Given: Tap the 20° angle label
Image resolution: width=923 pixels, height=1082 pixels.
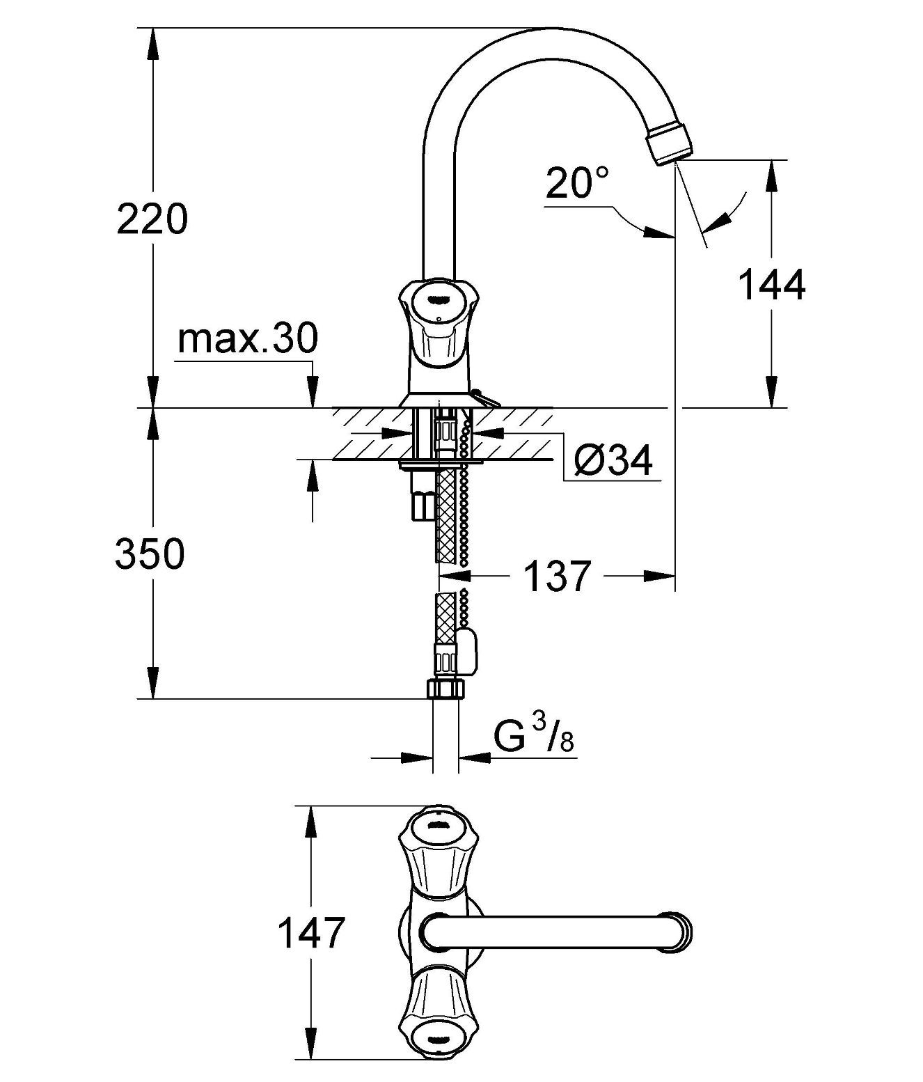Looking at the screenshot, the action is [x=577, y=183].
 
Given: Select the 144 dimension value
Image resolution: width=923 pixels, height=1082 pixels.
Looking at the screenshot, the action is [x=772, y=285].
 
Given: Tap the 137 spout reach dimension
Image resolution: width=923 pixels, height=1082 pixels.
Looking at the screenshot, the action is [x=558, y=576].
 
